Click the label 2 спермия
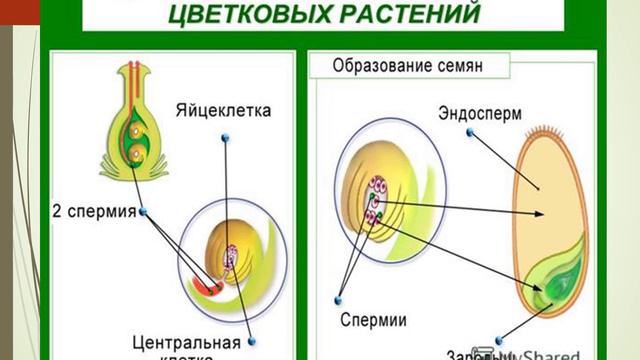96,212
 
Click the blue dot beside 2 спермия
145,211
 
